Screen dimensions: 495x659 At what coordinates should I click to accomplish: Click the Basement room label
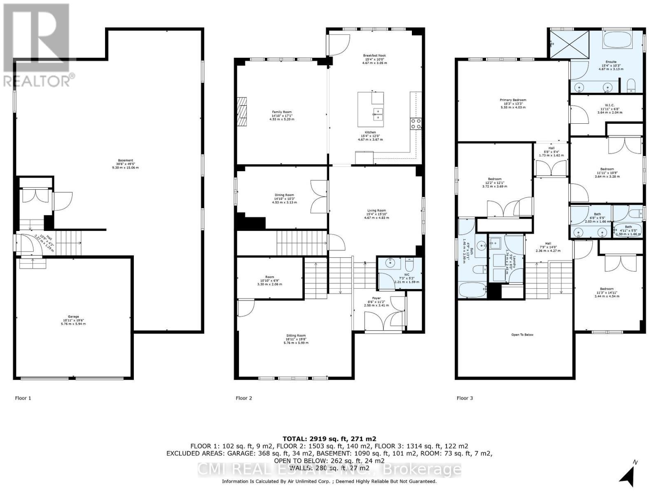coord(126,160)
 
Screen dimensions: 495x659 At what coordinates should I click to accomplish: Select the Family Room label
coord(282,112)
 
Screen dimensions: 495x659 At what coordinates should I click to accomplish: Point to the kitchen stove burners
coord(415,124)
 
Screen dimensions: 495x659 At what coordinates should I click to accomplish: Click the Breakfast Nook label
coord(374,55)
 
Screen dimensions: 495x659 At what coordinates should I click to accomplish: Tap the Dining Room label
coord(284,195)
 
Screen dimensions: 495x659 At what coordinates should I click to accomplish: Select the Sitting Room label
coord(296,335)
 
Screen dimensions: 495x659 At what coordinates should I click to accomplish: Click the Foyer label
coord(376,298)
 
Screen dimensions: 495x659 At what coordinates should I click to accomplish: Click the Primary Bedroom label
coord(513,100)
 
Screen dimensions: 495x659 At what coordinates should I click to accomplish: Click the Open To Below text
coord(523,335)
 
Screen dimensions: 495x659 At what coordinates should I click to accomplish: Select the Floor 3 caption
coord(465,398)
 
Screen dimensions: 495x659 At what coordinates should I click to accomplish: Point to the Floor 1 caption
coord(23,398)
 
